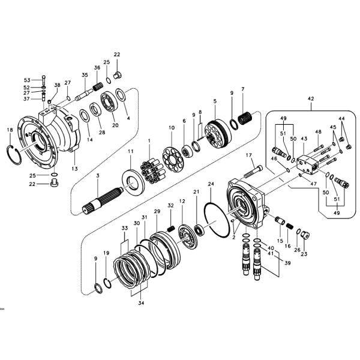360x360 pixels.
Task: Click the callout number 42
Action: pos(310,98)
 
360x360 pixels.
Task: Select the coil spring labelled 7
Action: pos(245,118)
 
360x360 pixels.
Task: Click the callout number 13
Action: pos(75,169)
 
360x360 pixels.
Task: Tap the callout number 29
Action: pos(157,212)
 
